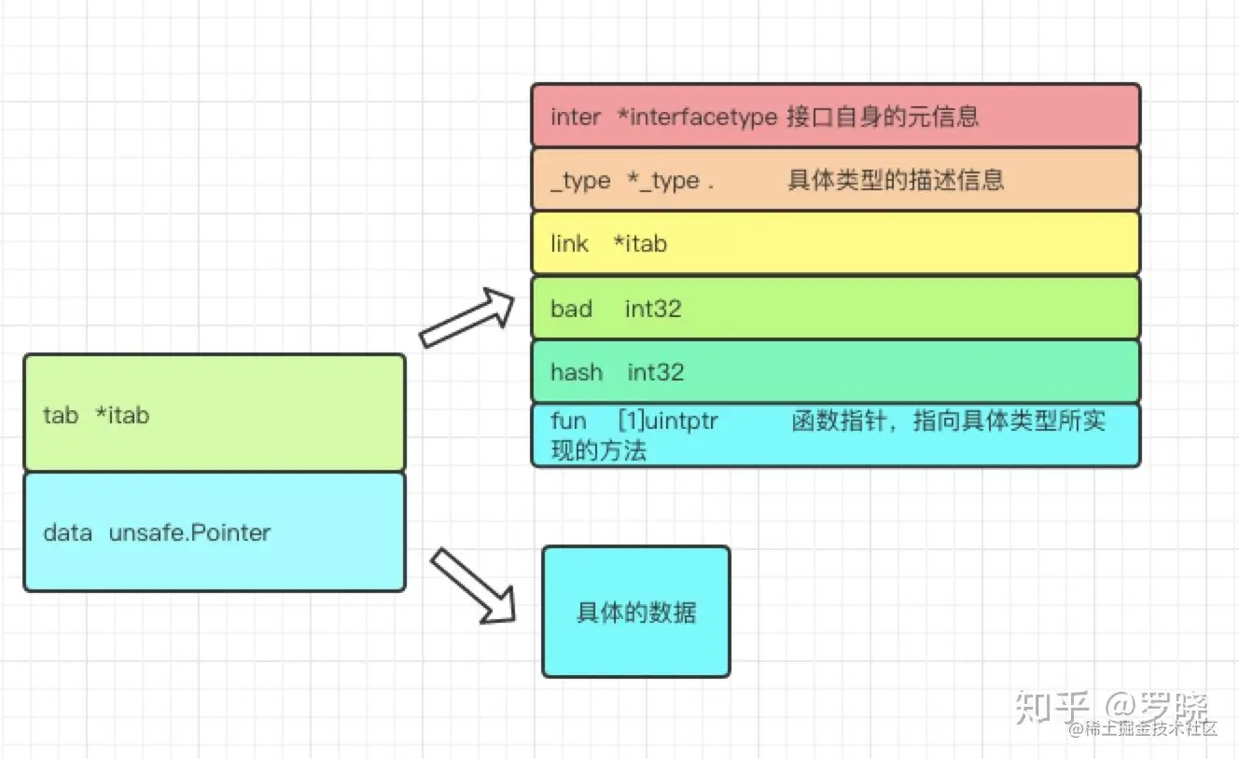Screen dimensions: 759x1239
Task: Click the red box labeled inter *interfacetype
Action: pos(835,116)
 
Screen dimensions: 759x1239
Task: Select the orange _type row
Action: pos(835,179)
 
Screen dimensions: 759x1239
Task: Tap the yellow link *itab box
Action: pos(835,243)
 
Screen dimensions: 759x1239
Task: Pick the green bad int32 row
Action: pos(835,308)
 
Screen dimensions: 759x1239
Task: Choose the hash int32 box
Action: pos(835,372)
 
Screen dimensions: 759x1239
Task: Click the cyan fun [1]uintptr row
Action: pos(835,435)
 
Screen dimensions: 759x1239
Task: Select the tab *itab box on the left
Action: pos(214,413)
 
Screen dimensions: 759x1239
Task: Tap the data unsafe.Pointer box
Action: pos(214,532)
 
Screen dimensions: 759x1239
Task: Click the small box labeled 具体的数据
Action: pos(635,612)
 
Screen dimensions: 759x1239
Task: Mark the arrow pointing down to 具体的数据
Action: pos(474,586)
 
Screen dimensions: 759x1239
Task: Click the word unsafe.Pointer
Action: pos(189,532)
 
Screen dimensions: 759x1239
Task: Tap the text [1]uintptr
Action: pos(668,421)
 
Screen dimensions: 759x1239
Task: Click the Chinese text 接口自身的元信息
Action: pos(883,117)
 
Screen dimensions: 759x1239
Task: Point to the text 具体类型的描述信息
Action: pos(895,179)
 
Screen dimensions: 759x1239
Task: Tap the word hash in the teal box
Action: pos(576,372)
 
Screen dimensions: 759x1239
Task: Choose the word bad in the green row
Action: pos(571,309)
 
